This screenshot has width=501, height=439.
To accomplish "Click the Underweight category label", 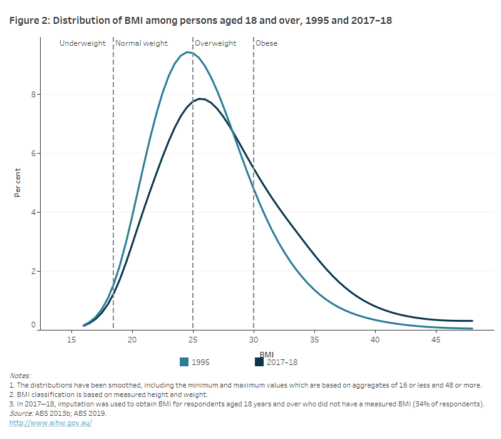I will (83, 43).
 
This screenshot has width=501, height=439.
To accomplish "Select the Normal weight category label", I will (142, 43).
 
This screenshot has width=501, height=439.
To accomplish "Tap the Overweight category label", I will (215, 43).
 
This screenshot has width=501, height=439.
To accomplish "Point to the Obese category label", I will (266, 43).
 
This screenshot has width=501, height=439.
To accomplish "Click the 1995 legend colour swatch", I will (184, 362).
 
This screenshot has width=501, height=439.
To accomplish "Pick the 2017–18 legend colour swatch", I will (259, 362).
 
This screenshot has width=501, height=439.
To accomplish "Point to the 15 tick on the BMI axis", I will (71, 340).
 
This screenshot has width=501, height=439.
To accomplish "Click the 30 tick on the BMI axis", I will (254, 340).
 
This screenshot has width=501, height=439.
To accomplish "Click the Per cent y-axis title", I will (18, 181).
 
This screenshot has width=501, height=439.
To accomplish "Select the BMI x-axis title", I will (267, 354).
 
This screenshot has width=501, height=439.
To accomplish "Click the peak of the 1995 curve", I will (187, 52).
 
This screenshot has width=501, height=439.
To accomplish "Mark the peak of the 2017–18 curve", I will (200, 98).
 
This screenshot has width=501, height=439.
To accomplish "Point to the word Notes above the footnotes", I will (20, 375).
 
